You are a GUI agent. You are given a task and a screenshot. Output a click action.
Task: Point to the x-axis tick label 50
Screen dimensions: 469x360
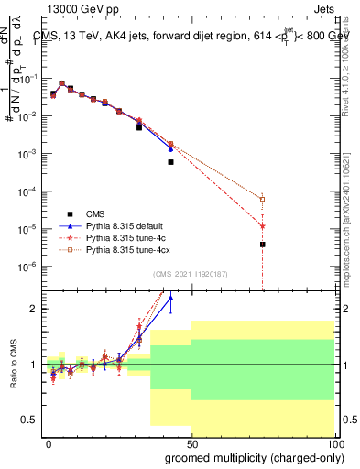(x=191, y=442)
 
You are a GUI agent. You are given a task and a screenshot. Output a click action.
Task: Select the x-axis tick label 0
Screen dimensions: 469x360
(x=49, y=442)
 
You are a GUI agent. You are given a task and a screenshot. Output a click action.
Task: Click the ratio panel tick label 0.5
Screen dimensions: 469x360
(x=29, y=420)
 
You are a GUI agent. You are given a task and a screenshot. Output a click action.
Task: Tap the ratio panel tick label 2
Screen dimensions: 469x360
(x=34, y=309)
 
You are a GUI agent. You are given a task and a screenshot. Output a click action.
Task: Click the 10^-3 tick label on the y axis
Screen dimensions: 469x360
(x=27, y=154)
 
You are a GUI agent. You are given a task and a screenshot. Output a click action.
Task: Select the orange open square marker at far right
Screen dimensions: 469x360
(x=262, y=199)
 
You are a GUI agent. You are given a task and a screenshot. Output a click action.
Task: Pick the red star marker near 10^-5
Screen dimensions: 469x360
(x=262, y=225)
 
